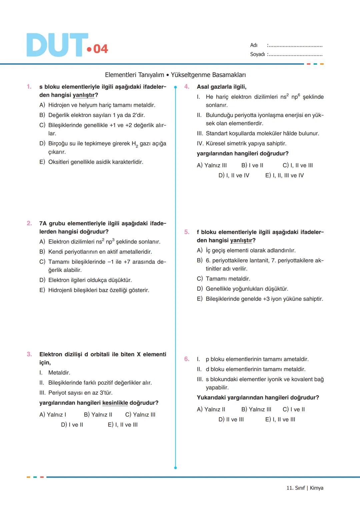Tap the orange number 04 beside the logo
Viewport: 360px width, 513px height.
[x=100, y=49]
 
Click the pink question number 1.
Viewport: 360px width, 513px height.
[x=29, y=87]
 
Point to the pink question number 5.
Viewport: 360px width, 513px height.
[x=187, y=232]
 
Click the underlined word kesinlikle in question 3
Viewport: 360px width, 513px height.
[x=115, y=403]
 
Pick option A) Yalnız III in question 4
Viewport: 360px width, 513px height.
[x=212, y=165]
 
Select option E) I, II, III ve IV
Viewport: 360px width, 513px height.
[x=284, y=175]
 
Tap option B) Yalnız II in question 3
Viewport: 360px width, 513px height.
[x=98, y=415]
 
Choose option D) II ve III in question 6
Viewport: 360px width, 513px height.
[x=231, y=419]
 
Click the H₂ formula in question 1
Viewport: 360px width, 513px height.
[x=135, y=144]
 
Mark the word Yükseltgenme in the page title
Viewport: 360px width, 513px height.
[x=188, y=75]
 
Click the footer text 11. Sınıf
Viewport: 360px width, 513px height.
[x=295, y=488]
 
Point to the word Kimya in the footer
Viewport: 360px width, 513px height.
[x=316, y=488]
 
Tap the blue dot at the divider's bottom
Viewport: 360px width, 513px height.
[x=175, y=468]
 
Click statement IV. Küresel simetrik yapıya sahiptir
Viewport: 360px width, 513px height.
[x=241, y=143]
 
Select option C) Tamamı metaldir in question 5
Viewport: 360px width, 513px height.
[x=223, y=279]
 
